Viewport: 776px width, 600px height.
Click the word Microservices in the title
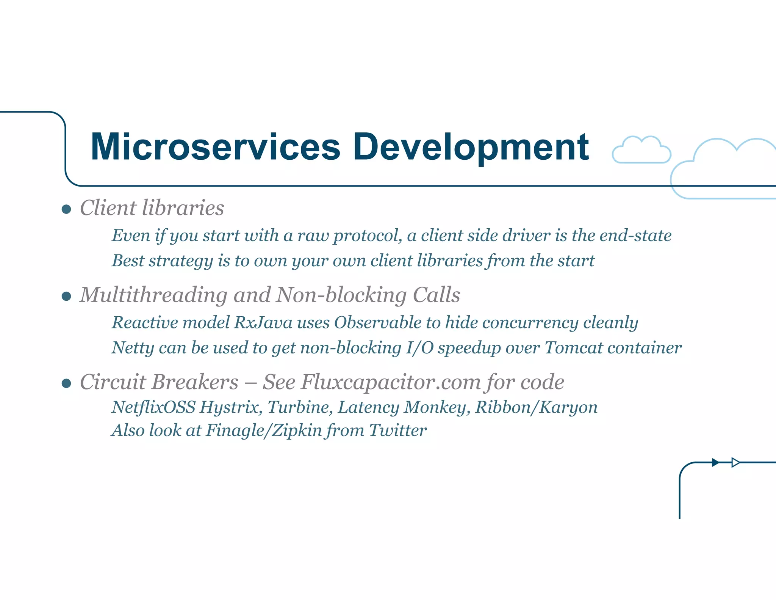215,147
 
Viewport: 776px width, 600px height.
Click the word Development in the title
471,147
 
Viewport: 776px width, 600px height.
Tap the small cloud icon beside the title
641,151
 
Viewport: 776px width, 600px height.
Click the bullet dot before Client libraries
66,209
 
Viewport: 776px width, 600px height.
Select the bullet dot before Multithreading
66,296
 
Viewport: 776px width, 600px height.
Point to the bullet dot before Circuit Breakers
66,383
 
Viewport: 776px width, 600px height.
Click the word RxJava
263,323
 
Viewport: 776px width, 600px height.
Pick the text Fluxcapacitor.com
391,382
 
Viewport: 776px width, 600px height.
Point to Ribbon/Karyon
537,407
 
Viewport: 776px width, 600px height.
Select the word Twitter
397,430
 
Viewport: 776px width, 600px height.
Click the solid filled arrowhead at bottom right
715,462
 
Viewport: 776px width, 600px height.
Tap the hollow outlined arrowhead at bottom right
735,462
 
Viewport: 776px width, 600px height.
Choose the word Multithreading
154,295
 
